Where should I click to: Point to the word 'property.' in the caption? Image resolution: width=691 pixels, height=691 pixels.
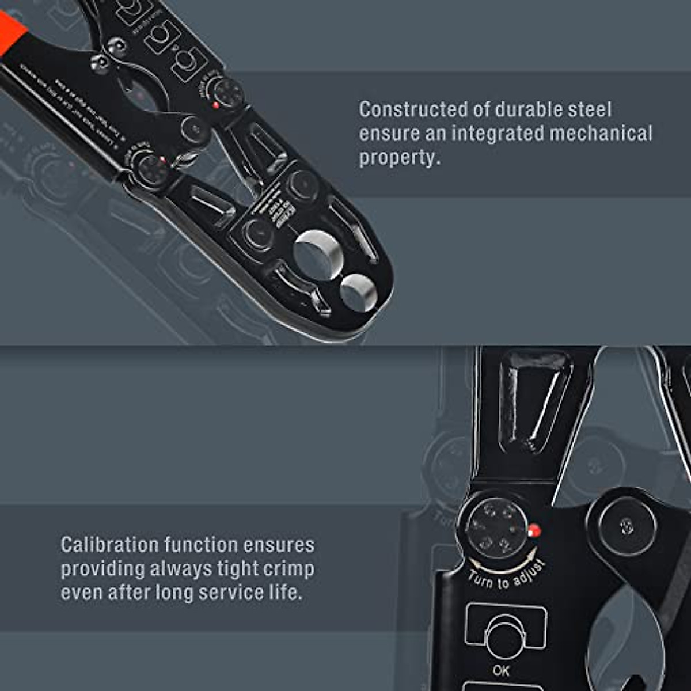point(400,158)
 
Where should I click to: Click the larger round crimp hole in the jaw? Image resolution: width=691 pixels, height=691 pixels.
point(318,254)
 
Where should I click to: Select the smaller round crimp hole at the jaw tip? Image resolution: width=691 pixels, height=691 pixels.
point(358,291)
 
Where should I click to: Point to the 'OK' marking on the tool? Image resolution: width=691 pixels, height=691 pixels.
point(501,670)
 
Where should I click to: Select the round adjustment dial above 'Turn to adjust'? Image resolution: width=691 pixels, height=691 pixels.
point(495,527)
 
